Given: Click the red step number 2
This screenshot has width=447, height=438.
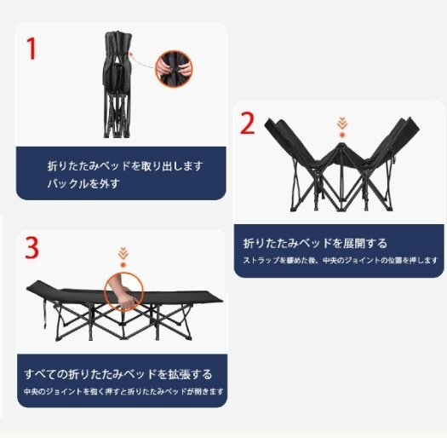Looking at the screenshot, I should (x=247, y=124).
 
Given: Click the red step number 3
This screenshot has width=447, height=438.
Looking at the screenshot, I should (x=32, y=248).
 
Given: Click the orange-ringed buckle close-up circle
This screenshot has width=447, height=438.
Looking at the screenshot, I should (x=174, y=66).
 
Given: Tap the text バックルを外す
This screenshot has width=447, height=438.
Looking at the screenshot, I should (x=83, y=182).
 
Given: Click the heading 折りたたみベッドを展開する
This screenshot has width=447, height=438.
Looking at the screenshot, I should (x=315, y=242).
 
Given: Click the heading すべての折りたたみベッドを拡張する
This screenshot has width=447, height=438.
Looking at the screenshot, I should (x=118, y=373).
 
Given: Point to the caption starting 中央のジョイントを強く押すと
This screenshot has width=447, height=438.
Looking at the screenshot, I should (x=123, y=392).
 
